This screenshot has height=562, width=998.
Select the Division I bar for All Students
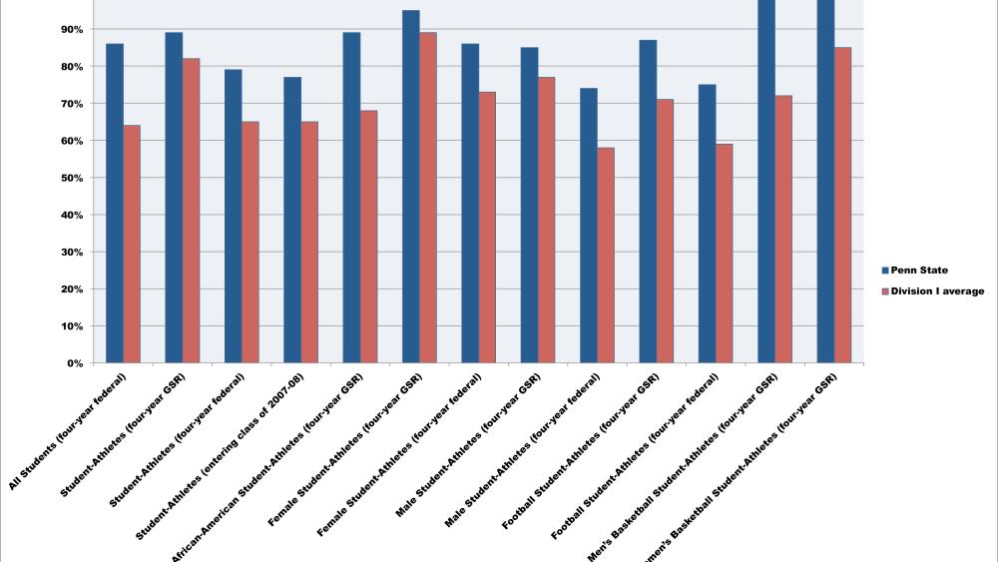click(132, 245)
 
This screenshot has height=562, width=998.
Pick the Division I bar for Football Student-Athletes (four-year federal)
click(725, 254)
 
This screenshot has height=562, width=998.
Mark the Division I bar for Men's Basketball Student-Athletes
click(783, 230)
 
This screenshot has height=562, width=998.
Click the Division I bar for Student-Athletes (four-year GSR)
click(191, 211)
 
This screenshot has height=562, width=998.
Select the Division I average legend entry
click(933, 291)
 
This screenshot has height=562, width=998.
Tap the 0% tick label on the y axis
click(74, 363)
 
